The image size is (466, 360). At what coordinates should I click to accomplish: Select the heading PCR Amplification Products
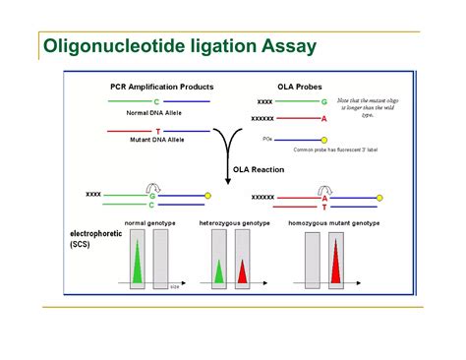point(161,87)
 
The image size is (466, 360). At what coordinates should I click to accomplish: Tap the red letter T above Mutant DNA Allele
point(156,131)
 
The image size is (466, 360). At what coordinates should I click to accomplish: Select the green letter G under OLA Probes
point(323,101)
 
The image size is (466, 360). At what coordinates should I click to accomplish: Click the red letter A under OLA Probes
point(323,118)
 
